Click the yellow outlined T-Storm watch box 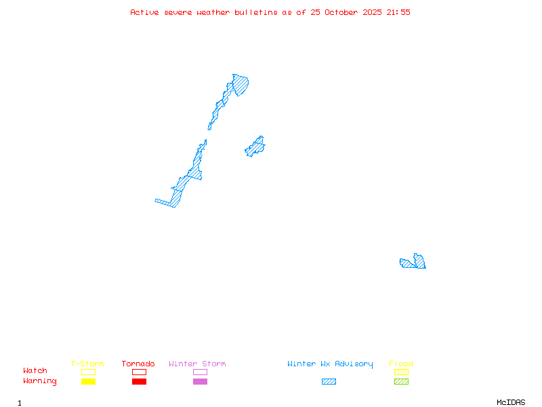[x=88, y=372]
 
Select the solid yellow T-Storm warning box [x=88, y=381]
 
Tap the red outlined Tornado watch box [x=139, y=372]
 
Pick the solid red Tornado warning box [x=139, y=381]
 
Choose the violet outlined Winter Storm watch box [x=200, y=372]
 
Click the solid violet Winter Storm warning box [x=200, y=381]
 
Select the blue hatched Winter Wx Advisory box [x=329, y=381]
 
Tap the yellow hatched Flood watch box [x=401, y=372]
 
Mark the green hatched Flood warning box [x=401, y=381]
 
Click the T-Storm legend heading [x=87, y=364]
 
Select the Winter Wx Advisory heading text [x=330, y=364]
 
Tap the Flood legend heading [x=401, y=364]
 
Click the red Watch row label [x=35, y=371]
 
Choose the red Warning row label [x=40, y=381]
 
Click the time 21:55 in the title [x=398, y=12]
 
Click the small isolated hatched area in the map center [x=255, y=147]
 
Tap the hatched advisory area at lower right [x=415, y=263]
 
